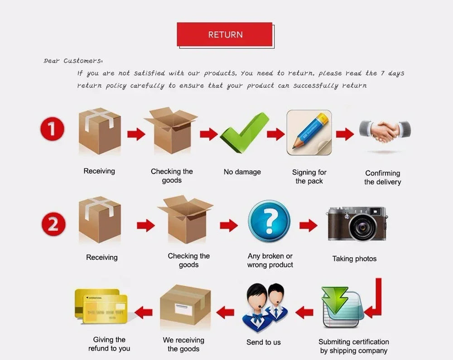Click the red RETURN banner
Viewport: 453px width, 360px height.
point(225,34)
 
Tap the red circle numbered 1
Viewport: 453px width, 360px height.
point(52,129)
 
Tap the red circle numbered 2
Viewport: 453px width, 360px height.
point(53,224)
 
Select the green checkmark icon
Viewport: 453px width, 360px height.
point(245,133)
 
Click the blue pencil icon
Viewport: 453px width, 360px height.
point(309,133)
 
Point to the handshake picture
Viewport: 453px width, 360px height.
point(385,131)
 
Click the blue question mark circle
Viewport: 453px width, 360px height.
point(269,221)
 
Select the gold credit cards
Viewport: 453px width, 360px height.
point(101,306)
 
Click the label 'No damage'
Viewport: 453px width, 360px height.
point(242,172)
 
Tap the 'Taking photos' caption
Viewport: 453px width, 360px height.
point(354,259)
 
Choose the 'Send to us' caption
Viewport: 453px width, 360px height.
point(264,342)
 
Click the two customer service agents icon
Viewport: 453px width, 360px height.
point(265,307)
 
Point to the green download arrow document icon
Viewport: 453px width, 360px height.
point(342,307)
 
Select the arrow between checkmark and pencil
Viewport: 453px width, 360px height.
point(275,134)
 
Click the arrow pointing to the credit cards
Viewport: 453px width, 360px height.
point(143,312)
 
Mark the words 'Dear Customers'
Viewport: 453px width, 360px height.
point(72,61)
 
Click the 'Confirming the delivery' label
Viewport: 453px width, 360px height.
point(382,178)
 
